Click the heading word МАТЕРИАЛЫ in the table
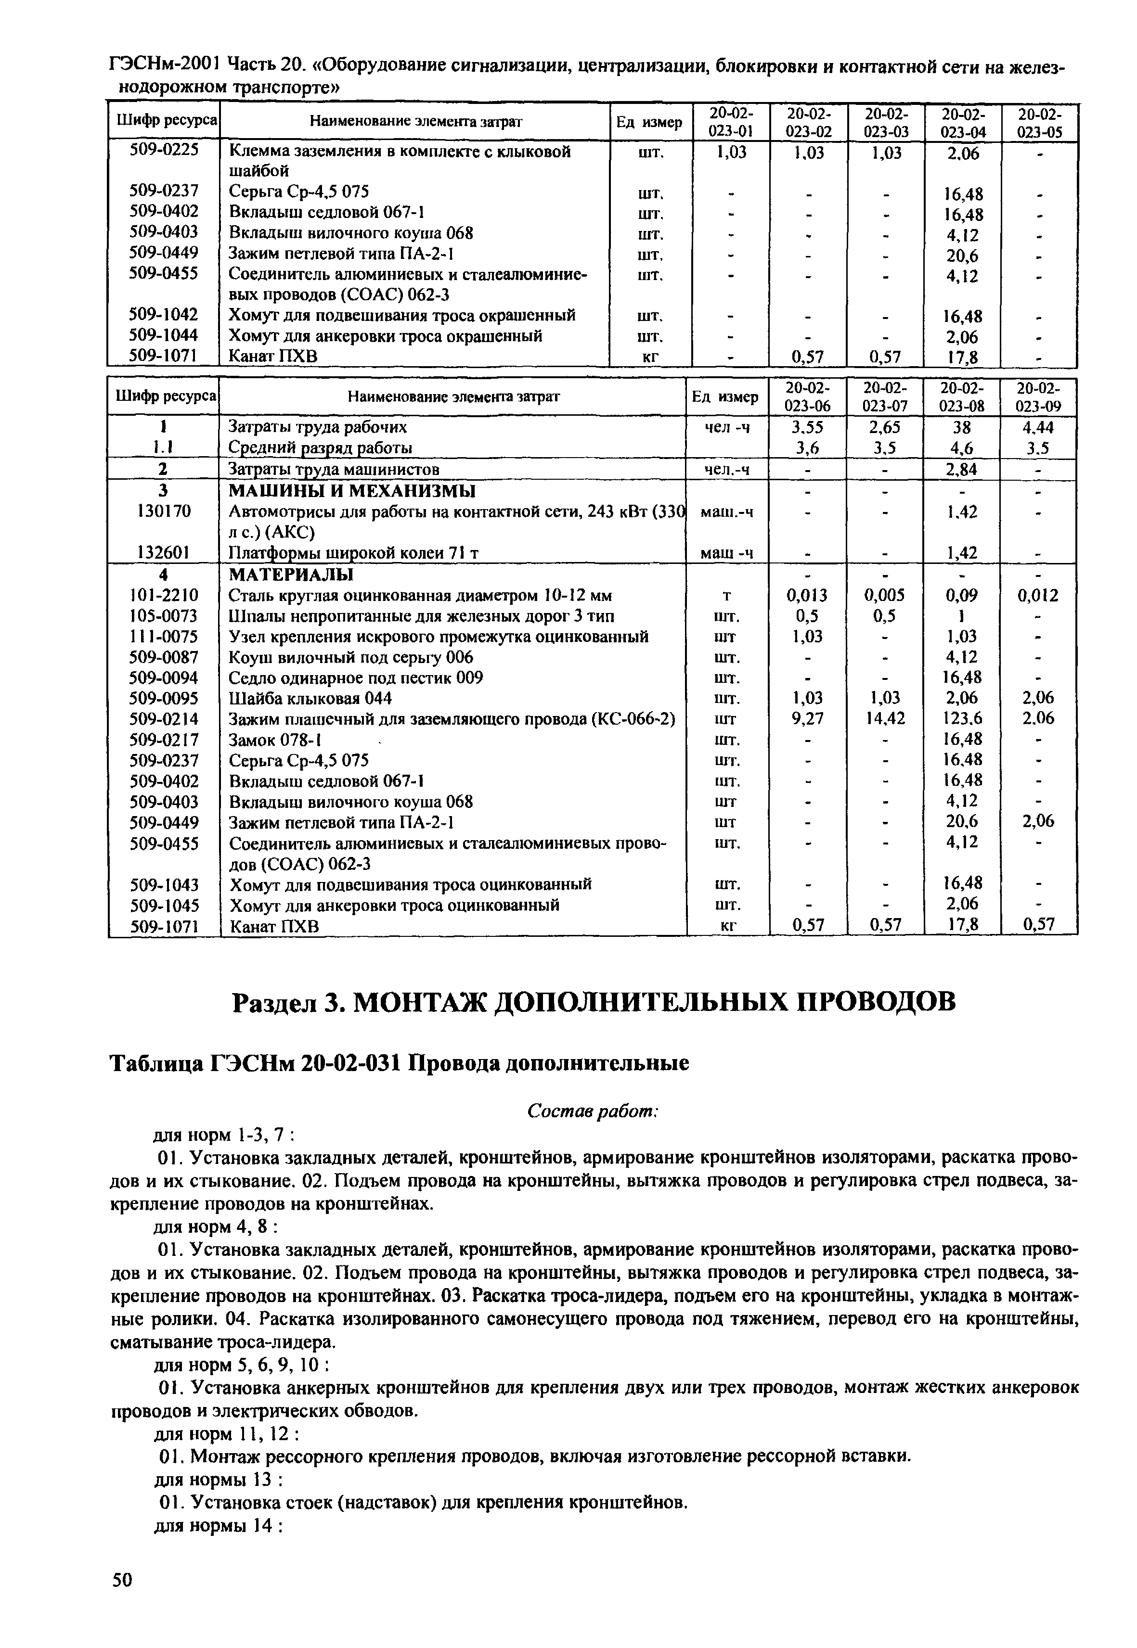(291, 574)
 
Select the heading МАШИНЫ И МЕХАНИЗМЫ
(352, 491)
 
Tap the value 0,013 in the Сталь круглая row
(808, 595)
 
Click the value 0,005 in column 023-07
(885, 595)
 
